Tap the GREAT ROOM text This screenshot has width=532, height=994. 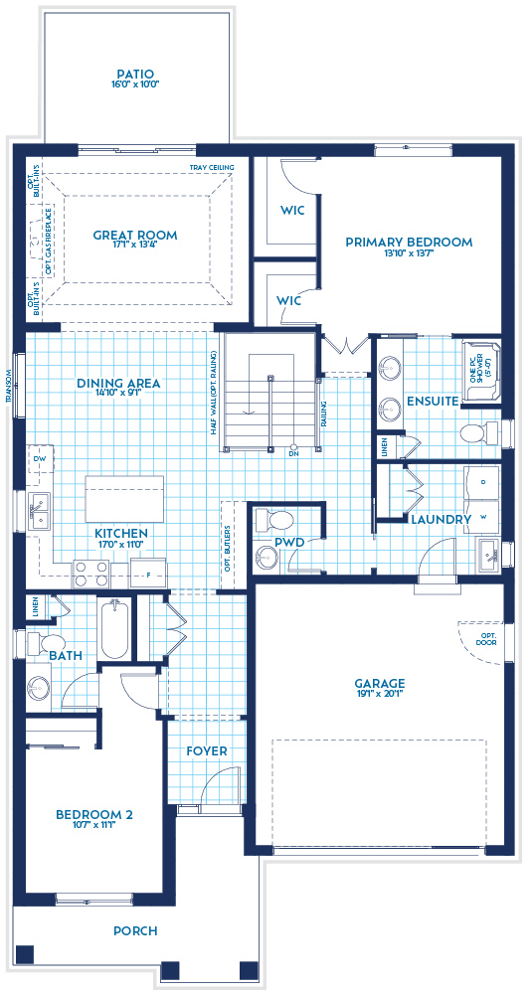click(135, 236)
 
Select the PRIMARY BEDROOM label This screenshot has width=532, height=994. click(408, 242)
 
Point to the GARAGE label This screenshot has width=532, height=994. click(379, 683)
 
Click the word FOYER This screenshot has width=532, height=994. click(206, 750)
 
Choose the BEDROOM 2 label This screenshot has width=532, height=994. click(93, 814)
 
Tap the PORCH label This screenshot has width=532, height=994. click(138, 931)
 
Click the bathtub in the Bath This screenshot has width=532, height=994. click(114, 628)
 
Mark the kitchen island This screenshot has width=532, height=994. click(124, 498)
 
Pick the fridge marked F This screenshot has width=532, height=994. click(149, 574)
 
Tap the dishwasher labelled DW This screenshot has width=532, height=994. click(40, 459)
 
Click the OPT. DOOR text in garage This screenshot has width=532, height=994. click(487, 638)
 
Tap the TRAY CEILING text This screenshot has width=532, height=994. click(211, 168)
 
